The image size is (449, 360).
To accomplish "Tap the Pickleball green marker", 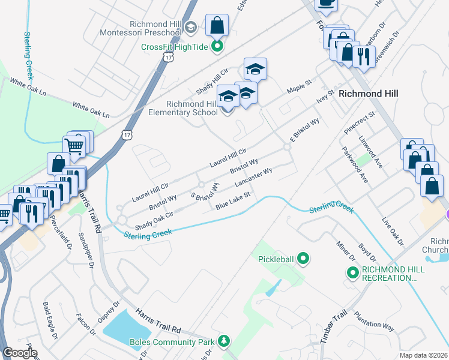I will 304,259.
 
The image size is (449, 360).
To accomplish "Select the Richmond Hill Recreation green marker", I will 353,273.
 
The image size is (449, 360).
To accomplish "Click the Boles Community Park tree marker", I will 224,341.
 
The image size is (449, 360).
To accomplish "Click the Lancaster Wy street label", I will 254,177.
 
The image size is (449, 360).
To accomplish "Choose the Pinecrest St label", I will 360,122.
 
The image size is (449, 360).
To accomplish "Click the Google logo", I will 20,352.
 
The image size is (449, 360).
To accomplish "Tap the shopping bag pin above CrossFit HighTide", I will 217,26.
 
